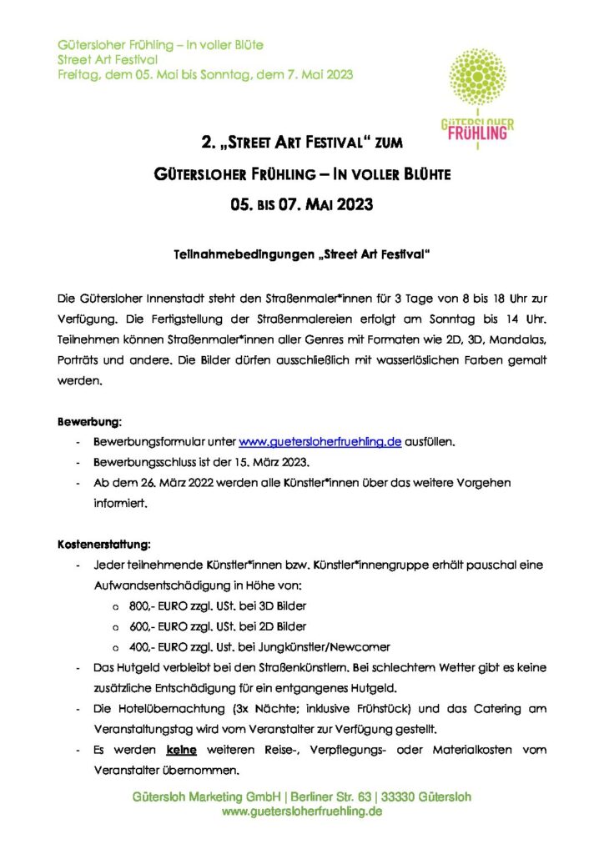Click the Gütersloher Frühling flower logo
click(477, 98)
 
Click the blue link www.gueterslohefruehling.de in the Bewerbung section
click(320, 441)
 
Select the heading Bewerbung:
click(89, 420)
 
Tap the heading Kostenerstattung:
click(104, 545)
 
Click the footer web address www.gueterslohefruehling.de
click(302, 811)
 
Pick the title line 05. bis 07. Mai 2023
click(301, 202)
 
